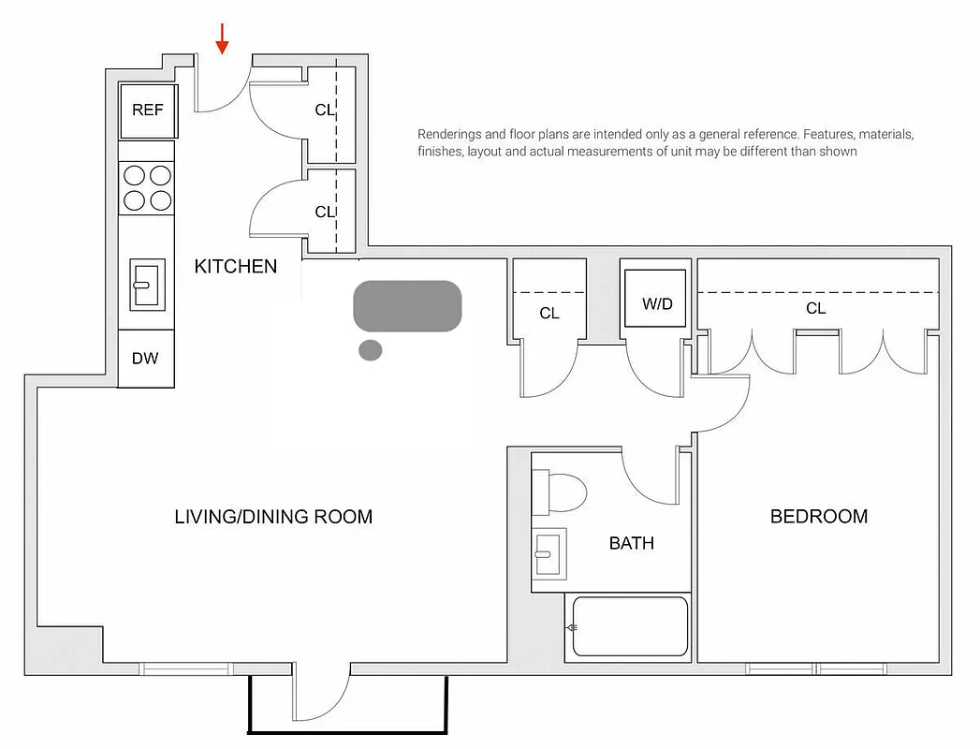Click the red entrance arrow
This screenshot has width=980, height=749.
(222, 37)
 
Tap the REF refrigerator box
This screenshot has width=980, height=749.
(148, 110)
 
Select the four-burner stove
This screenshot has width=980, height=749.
(148, 187)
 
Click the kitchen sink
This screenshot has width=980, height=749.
(147, 284)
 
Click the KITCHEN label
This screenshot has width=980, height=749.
(235, 267)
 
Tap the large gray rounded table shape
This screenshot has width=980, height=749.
(407, 305)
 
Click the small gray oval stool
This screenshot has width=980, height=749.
(371, 350)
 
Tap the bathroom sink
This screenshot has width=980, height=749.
(549, 555)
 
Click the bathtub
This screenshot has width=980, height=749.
(630, 626)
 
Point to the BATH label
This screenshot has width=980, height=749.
(632, 543)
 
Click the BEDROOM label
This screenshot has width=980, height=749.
(818, 517)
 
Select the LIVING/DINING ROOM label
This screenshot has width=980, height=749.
(273, 517)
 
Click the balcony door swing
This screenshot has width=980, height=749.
(323, 698)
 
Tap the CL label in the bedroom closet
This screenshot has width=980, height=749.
(815, 308)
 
